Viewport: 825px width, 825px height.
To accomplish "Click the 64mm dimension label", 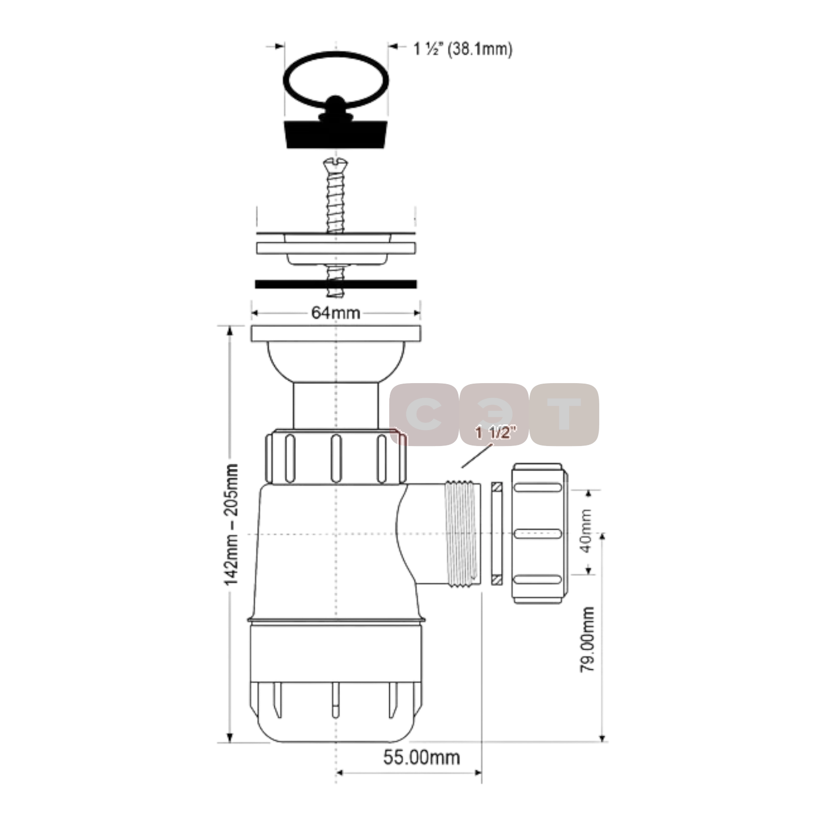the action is point(336,312).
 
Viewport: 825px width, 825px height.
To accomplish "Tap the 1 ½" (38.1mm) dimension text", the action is point(463,49).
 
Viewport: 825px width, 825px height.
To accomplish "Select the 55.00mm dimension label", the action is point(421,757).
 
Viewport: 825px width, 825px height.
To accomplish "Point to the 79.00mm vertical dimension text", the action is point(587,639).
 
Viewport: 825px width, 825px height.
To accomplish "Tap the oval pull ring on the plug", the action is point(336,80).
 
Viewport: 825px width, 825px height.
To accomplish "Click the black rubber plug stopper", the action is point(336,134).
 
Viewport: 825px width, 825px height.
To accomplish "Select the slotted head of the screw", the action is point(336,164).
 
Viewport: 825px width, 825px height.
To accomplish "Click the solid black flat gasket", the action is point(336,284).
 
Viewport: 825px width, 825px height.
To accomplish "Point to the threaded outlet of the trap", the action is point(463,534).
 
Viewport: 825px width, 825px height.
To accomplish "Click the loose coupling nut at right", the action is point(540,533).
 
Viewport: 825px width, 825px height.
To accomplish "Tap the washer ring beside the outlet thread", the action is point(497,533).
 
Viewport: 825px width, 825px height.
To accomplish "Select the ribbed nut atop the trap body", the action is point(336,456).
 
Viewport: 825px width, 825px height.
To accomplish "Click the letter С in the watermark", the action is point(424,415).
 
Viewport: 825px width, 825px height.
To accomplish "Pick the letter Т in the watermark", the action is point(564,415).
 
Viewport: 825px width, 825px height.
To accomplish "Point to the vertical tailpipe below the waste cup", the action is point(336,405).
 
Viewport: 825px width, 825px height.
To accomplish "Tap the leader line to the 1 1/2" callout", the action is point(477,454).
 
